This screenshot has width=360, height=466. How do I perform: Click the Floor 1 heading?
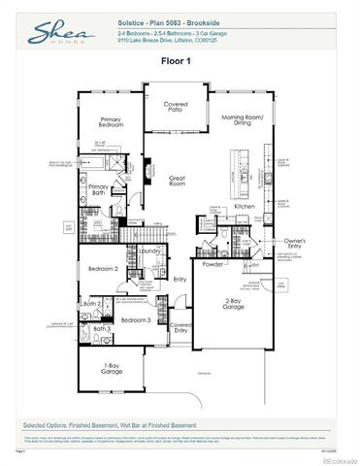coord(179,60)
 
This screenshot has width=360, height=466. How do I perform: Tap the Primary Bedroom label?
coord(110,122)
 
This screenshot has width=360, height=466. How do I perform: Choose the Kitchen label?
coord(244,207)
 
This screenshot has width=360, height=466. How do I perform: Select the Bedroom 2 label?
coord(103,268)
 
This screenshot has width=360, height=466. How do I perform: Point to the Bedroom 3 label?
coord(135,319)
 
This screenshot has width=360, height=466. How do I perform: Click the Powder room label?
coord(213,263)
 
